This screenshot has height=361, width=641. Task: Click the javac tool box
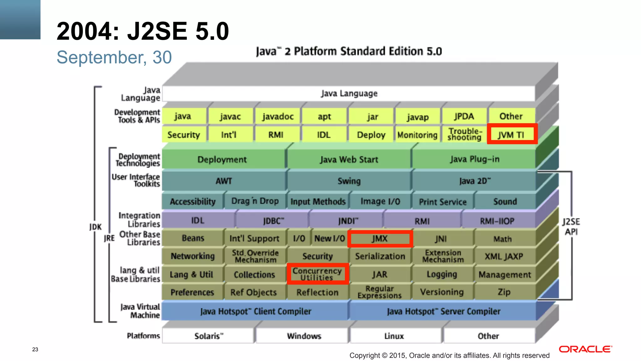coord(230,117)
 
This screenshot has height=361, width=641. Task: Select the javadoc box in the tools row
coord(278,117)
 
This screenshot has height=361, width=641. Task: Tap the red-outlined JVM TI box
coord(512,134)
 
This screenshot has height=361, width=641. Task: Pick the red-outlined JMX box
coord(380,239)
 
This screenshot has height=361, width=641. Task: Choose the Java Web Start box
coord(349,160)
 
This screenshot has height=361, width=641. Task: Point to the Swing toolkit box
coord(349,181)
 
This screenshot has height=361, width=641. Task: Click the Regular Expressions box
coord(379,292)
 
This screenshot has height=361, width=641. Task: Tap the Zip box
coord(504,292)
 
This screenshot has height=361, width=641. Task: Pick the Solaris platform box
coord(208,336)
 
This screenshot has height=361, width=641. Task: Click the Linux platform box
coord(394,336)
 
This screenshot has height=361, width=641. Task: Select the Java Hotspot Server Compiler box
coord(443,311)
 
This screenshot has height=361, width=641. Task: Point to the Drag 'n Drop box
coord(255,201)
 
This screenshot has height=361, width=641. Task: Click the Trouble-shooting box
coord(464,134)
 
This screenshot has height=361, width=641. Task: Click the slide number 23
coord(35,349)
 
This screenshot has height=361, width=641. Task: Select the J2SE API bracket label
coord(571,227)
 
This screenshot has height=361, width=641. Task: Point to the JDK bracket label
coord(95,227)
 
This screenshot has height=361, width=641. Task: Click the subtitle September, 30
coord(114,57)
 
